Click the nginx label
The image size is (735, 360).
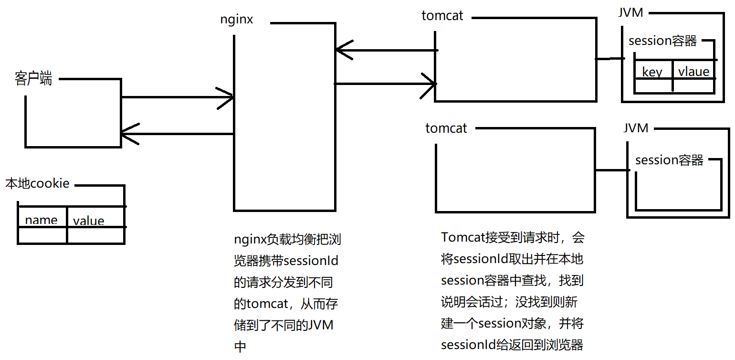pos(236,20)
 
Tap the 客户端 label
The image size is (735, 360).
pos(33,78)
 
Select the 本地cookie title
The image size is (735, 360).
pos(37,183)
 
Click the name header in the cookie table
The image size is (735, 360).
pos(41,220)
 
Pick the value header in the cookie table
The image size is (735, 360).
pos(88,221)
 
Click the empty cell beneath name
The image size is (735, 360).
pos(42,235)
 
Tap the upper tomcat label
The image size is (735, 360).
pos(442,15)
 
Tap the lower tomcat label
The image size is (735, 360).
pos(446,128)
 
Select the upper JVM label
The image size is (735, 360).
pos(630,13)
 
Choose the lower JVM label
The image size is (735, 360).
pos(636,128)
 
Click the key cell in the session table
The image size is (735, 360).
pos(652,72)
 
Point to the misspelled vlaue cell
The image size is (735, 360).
pos(693,72)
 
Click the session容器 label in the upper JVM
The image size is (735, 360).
pos(662,41)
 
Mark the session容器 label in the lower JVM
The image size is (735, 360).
pos(669,160)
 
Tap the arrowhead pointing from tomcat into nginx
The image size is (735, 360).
pos(342,50)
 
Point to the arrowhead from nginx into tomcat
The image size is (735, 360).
pos(430,84)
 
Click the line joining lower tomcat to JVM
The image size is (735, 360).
pos(611,170)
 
